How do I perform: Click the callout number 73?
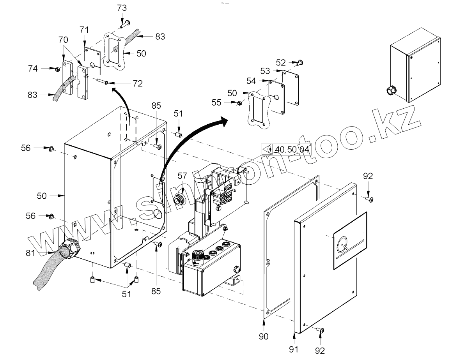coord(122,8)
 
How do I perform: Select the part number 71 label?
coord(84,30)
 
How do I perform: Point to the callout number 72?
coord(137,83)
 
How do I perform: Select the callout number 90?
coord(264,336)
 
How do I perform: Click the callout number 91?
coord(294,349)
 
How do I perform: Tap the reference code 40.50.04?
coord(292,149)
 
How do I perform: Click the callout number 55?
coord(227,102)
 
